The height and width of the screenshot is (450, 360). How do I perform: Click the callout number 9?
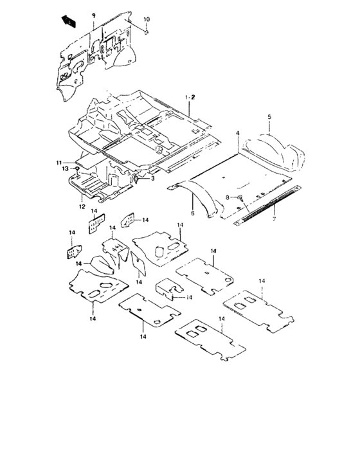93,14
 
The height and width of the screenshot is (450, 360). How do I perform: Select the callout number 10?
146,20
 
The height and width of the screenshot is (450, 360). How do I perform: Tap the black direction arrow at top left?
69,21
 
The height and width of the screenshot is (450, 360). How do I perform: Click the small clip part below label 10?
147,32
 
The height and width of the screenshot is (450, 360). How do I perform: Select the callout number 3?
152,179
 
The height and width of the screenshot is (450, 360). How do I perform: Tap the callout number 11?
57,162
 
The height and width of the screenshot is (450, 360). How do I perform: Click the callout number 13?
66,169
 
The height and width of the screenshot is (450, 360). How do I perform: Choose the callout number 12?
82,207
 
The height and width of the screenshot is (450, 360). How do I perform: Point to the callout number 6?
191,212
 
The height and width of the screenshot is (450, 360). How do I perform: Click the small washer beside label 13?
76,169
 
